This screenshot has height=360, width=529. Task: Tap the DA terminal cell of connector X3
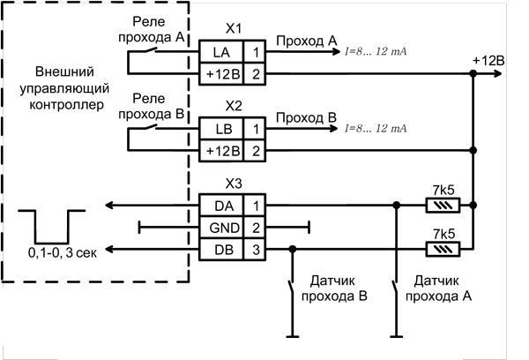point(220,206)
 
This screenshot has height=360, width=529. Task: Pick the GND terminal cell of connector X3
point(220,229)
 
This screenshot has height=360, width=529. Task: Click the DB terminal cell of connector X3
point(220,251)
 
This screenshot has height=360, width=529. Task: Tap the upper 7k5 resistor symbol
point(440,206)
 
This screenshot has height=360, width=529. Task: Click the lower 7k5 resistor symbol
point(440,251)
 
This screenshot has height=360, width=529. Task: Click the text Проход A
point(306,41)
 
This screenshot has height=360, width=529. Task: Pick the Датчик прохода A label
point(437,289)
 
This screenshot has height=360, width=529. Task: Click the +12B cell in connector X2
point(220,152)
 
